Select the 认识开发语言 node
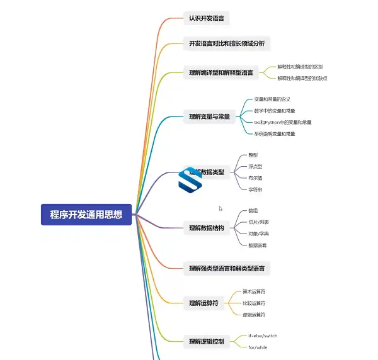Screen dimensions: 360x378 [205, 18]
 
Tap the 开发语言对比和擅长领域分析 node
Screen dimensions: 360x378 [227, 43]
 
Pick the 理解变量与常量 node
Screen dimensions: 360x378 [209, 116]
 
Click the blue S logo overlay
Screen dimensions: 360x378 [190, 179]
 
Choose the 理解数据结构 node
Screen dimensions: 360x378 [206, 228]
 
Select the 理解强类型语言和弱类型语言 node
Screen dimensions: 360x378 [227, 268]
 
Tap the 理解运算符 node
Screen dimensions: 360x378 [203, 303]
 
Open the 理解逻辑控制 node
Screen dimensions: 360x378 [206, 341]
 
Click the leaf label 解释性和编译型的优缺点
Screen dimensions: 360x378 [302, 78]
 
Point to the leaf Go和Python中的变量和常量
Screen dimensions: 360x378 [282, 122]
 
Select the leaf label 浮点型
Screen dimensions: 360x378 [255, 167]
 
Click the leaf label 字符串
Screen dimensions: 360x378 [255, 189]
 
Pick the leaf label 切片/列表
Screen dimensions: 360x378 [258, 222]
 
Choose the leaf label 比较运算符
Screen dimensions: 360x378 [254, 303]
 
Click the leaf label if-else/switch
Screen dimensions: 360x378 [263, 335]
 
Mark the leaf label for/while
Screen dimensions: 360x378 [258, 347]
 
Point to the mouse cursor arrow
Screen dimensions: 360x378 [220, 209]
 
